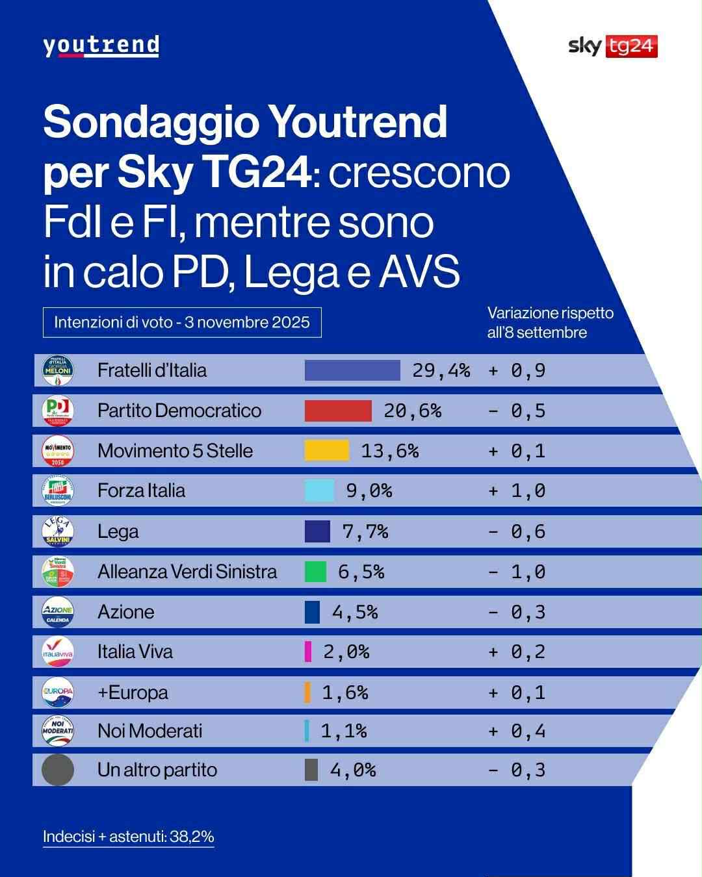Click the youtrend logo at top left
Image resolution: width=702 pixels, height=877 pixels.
point(101,46)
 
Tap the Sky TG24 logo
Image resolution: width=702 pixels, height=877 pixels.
point(612,46)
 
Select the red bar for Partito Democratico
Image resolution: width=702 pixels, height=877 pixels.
point(338,411)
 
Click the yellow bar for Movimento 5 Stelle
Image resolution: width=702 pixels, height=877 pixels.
point(326,451)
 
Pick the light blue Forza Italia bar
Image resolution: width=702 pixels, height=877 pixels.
point(319,490)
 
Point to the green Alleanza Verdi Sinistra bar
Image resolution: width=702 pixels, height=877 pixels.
point(315,572)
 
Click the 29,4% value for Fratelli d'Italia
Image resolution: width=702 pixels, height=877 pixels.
point(441,370)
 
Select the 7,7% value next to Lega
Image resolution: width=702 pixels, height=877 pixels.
point(365,531)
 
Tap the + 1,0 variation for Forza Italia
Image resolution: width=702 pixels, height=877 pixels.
point(517,490)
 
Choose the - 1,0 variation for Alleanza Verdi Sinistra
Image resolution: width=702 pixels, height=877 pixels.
point(517,572)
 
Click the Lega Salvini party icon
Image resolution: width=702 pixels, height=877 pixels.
point(58,531)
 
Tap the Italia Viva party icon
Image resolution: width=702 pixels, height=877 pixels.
point(58,652)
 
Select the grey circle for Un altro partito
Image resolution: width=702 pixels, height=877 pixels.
point(58,770)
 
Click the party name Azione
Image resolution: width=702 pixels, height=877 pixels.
point(126,612)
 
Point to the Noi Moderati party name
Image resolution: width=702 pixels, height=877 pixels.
point(149,731)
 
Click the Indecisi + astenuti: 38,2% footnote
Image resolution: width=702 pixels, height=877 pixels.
point(128,836)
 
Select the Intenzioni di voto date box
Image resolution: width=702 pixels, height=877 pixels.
point(182,322)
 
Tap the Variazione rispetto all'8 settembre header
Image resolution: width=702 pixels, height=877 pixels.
point(550,322)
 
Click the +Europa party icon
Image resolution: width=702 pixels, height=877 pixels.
point(58,692)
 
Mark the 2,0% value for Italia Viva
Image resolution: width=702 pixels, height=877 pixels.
point(346,652)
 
